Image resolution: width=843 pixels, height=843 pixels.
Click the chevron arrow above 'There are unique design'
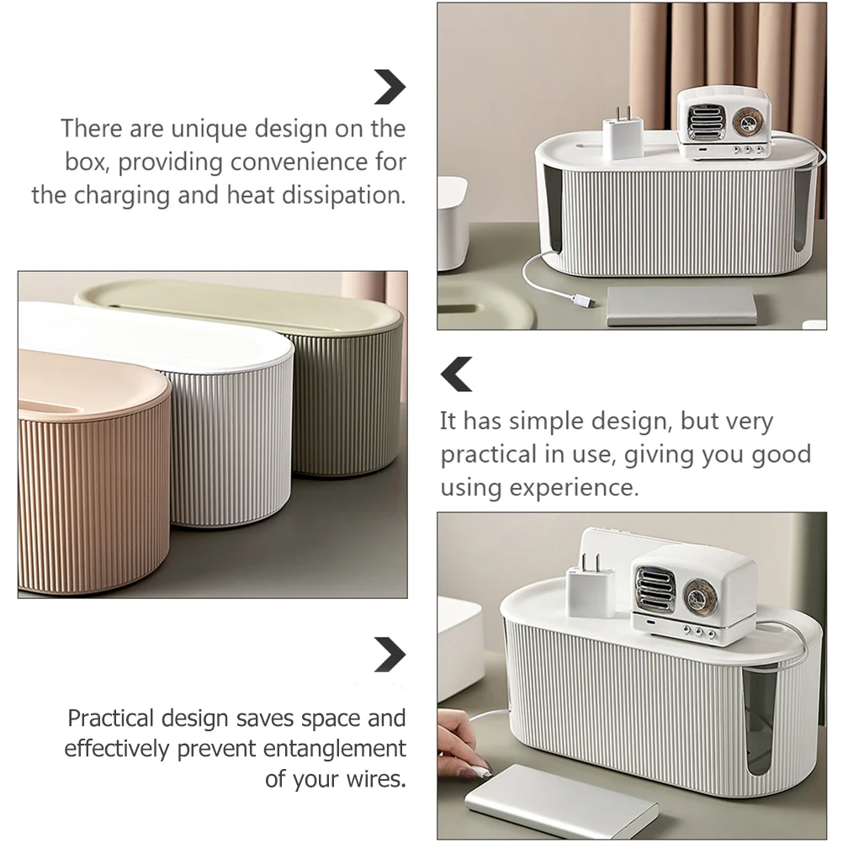pos(390,87)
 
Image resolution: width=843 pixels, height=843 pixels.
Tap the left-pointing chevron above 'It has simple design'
pos(456,374)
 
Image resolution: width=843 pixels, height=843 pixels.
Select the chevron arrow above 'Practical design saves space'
pos(390,655)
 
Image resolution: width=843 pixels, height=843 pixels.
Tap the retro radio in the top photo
pos(724,124)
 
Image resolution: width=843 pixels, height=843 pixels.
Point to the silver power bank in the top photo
pos(681,305)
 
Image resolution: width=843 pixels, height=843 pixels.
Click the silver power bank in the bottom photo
pos(562,801)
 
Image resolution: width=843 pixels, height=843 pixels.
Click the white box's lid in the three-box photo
pos(156,336)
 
